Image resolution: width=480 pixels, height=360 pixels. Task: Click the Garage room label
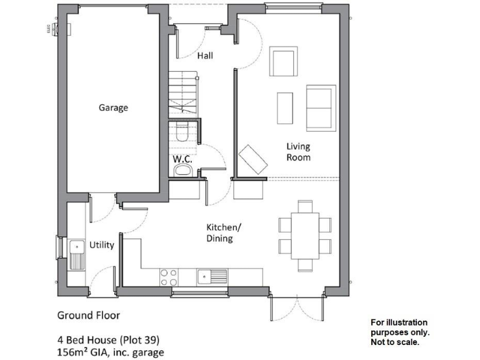(x=113, y=107)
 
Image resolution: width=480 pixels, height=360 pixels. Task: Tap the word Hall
(x=205, y=56)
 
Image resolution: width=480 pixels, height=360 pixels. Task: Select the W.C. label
(x=182, y=159)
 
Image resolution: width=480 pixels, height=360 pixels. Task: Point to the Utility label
(x=101, y=244)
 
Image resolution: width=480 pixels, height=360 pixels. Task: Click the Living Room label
(x=298, y=152)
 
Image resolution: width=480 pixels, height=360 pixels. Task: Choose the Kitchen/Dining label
(x=219, y=232)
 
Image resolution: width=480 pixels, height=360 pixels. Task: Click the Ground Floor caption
(x=89, y=315)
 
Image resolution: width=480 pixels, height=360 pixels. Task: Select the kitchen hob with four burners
(x=168, y=277)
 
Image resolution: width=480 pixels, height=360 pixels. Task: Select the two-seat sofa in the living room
(x=319, y=106)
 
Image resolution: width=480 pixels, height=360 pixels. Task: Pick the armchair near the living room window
(x=284, y=62)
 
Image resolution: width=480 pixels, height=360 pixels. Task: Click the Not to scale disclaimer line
(x=395, y=342)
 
